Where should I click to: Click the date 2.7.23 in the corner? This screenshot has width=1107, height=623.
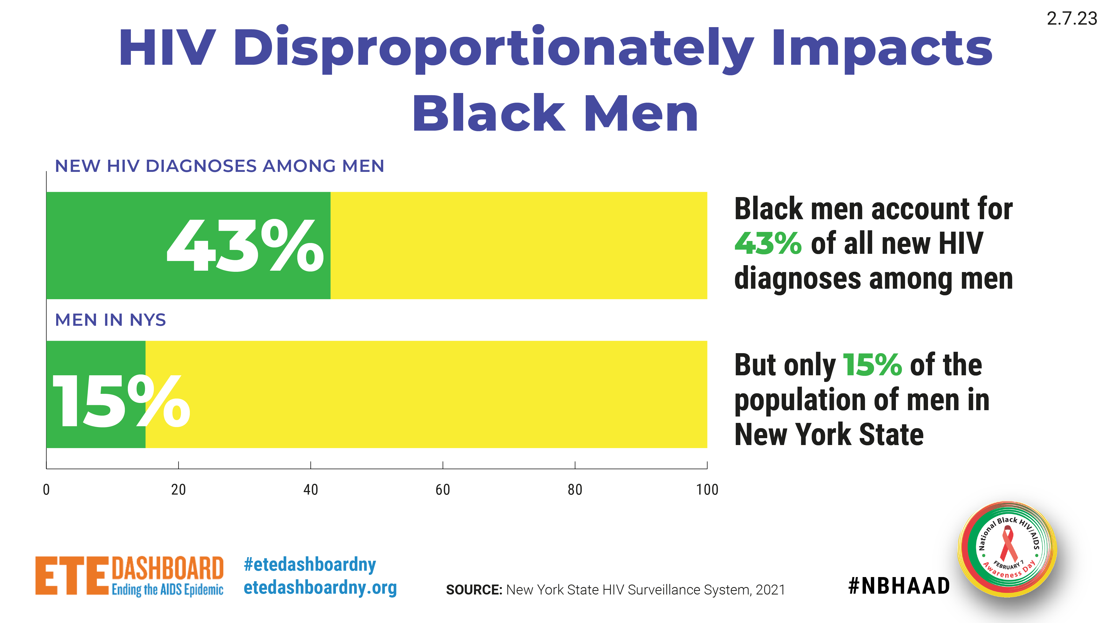click(1072, 19)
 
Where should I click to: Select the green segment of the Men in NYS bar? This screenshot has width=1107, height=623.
click(96, 394)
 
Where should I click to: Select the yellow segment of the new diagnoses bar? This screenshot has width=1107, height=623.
click(519, 245)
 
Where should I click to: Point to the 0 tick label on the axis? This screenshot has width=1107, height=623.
click(46, 490)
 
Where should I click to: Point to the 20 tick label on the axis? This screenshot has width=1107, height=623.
click(178, 490)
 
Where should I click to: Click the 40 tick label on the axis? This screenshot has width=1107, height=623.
click(311, 490)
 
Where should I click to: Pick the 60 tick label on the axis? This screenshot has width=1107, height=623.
click(443, 490)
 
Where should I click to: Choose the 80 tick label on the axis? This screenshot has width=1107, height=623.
click(575, 490)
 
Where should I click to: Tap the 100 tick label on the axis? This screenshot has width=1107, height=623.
click(707, 490)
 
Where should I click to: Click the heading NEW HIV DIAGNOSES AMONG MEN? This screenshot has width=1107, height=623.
click(220, 166)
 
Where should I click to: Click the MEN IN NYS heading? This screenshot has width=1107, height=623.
click(110, 320)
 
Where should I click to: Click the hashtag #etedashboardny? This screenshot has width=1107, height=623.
click(310, 565)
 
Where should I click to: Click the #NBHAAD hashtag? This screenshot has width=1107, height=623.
click(899, 586)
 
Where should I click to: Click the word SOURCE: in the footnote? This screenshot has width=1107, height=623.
click(474, 590)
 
